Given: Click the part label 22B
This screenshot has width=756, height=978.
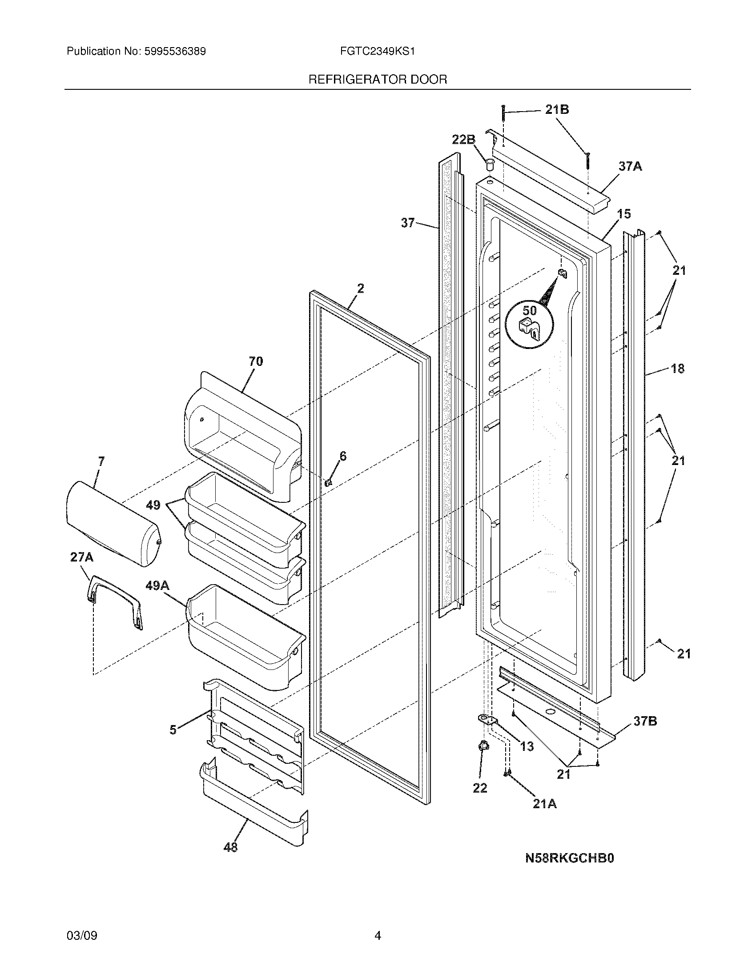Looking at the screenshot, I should click(462, 140).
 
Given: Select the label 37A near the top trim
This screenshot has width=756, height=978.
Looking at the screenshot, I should click(630, 167).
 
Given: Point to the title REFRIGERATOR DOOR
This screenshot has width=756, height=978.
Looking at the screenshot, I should click(378, 80).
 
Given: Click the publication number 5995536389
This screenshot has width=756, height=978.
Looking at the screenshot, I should click(175, 52).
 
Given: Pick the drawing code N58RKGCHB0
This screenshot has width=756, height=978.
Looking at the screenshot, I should click(569, 858).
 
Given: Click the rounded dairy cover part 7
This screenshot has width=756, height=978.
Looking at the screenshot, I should click(112, 524).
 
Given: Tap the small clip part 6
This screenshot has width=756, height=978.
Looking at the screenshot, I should click(328, 482).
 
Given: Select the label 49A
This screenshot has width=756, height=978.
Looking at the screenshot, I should click(157, 585).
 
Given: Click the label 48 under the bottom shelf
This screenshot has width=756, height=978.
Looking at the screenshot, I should click(230, 847).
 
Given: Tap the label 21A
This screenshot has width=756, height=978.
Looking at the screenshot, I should click(544, 804).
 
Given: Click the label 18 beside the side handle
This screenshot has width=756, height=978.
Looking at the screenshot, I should click(677, 369).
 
